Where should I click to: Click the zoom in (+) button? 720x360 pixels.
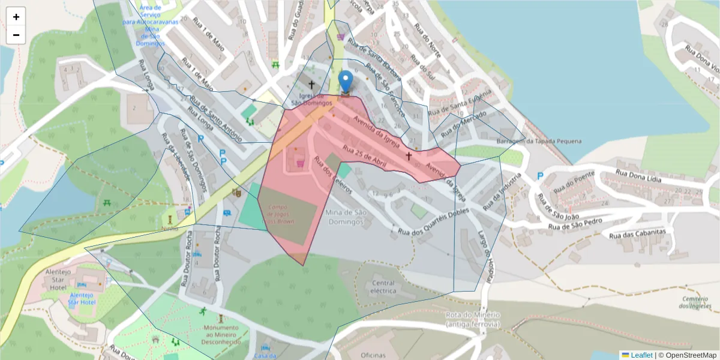(x=16, y=17)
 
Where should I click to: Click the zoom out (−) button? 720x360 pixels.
(x=16, y=35)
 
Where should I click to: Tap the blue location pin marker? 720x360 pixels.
(x=346, y=83)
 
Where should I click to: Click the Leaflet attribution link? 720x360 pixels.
(x=641, y=355)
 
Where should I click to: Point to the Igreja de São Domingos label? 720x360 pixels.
(x=311, y=99)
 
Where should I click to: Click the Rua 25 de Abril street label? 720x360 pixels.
(x=363, y=155)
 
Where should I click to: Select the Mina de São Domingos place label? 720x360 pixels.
(x=344, y=217)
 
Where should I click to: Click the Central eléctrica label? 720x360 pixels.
(x=383, y=287)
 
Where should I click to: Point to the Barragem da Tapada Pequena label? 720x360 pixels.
(x=539, y=141)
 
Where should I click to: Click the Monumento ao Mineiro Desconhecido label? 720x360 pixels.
(x=221, y=334)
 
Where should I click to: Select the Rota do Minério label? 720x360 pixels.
(x=473, y=319)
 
